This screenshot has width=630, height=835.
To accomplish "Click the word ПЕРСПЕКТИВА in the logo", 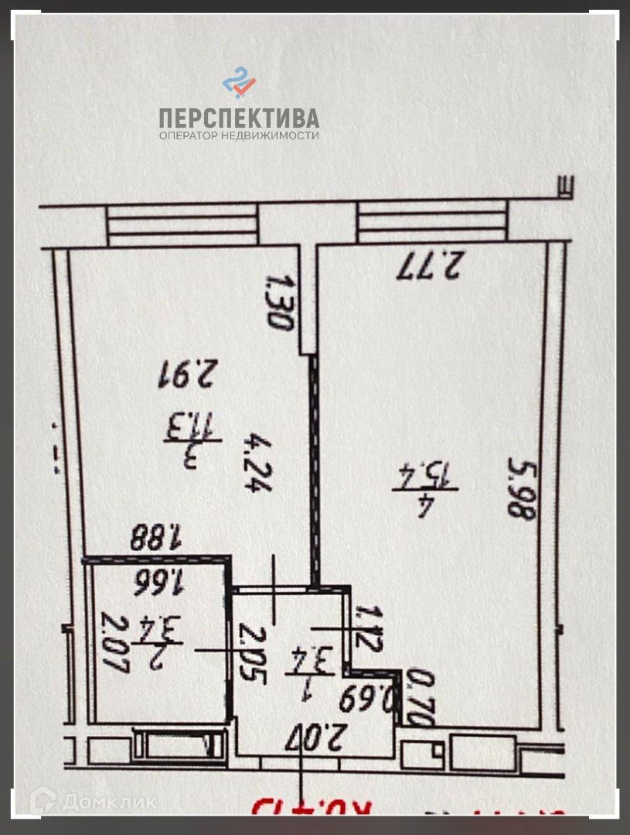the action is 239,118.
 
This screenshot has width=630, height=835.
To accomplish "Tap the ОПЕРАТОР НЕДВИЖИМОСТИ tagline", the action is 239,135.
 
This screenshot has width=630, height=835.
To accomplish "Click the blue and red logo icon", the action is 239,83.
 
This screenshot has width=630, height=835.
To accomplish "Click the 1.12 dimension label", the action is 364,630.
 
